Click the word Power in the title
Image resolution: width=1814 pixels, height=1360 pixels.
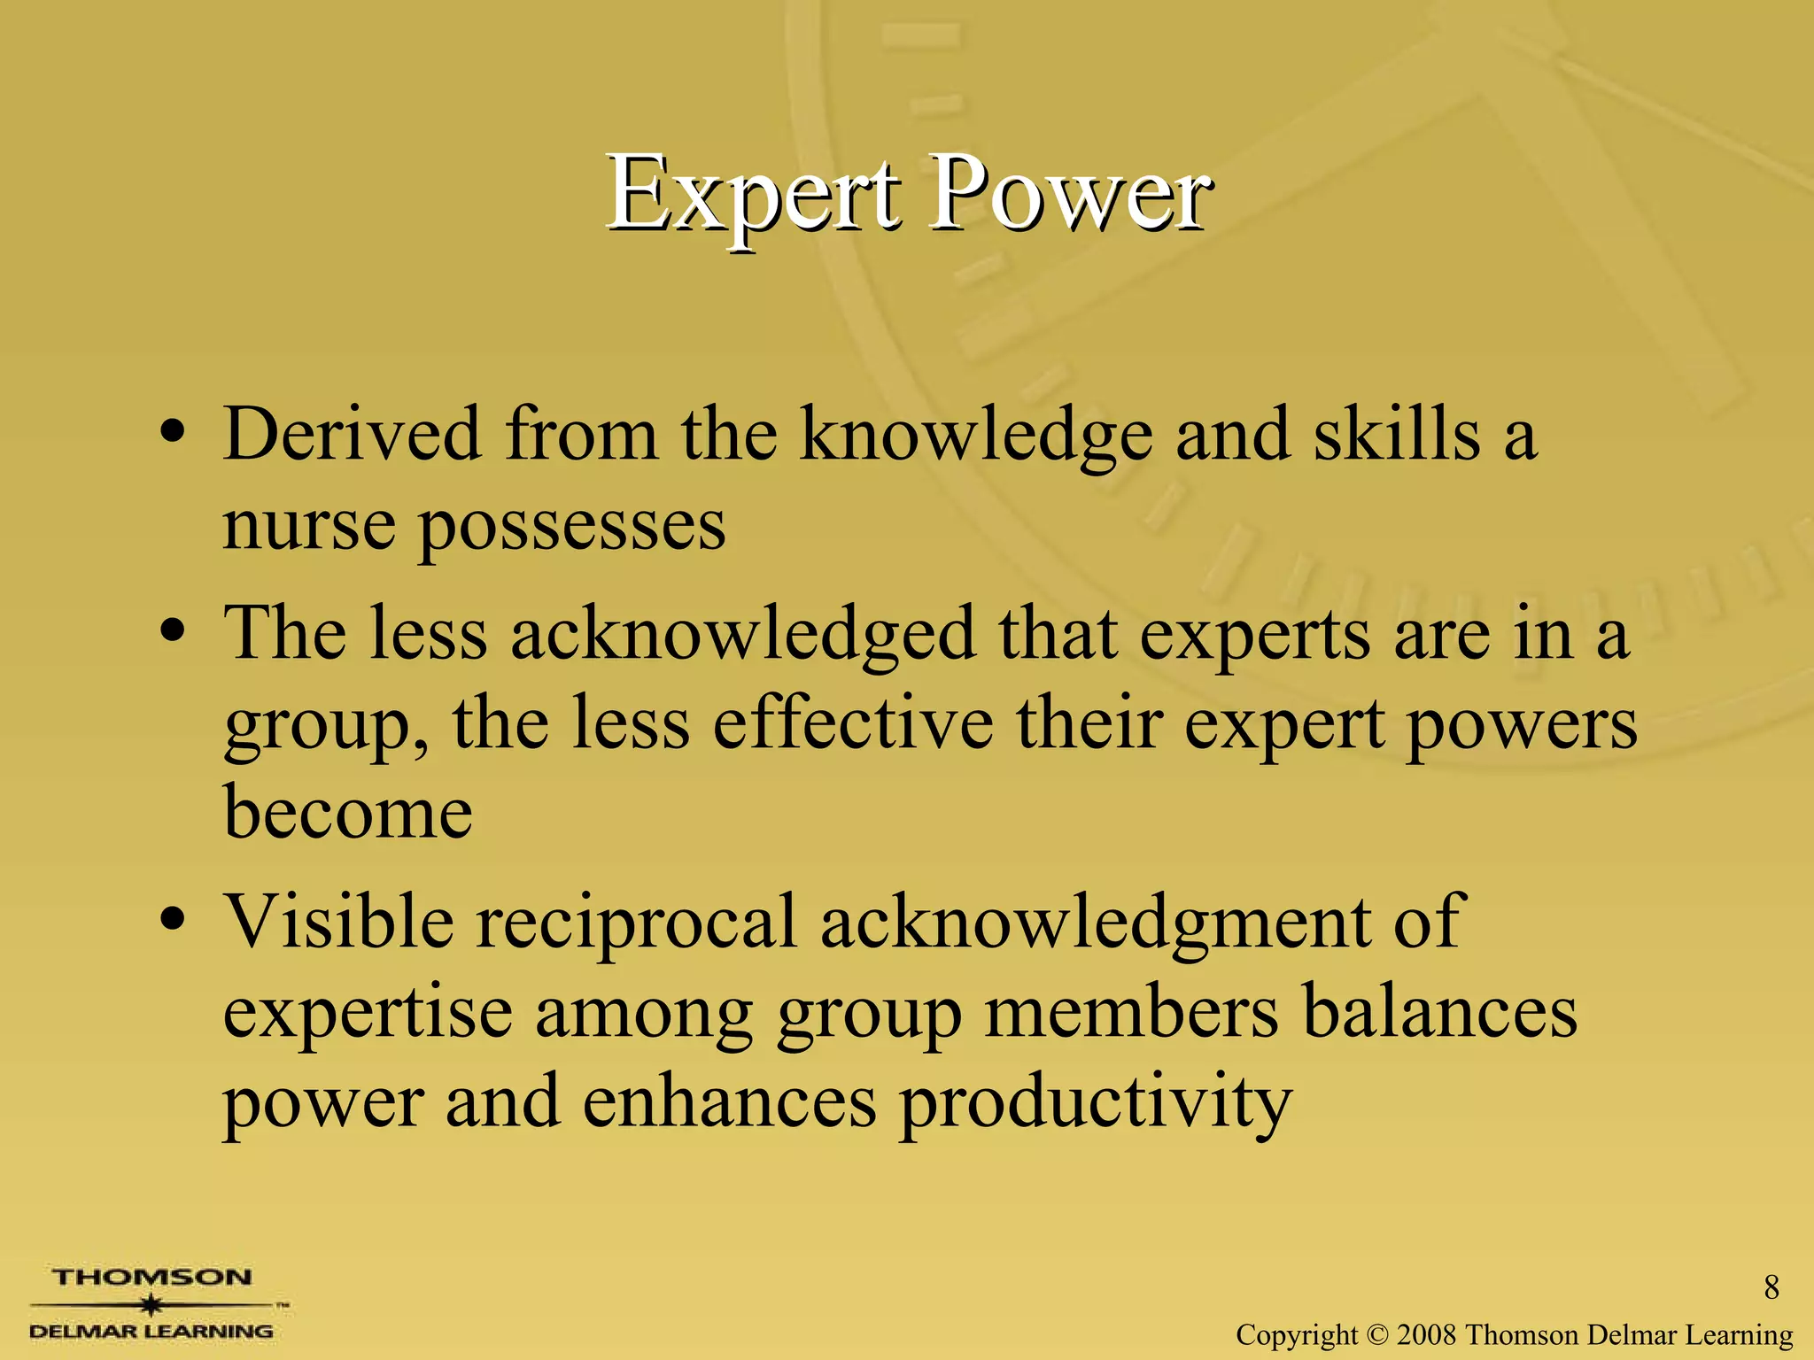(x=1069, y=195)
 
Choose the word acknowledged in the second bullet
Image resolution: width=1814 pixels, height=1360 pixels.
(x=743, y=635)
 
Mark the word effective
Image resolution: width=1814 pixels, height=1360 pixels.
(x=852, y=723)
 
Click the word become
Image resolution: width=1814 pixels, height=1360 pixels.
(x=348, y=813)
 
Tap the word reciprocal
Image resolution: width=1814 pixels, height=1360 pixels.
(x=636, y=923)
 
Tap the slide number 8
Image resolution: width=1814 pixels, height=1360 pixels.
(x=1771, y=1287)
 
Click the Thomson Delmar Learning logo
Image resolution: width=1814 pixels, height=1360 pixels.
(x=152, y=1303)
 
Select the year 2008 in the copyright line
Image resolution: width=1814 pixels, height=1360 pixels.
(x=1426, y=1334)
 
